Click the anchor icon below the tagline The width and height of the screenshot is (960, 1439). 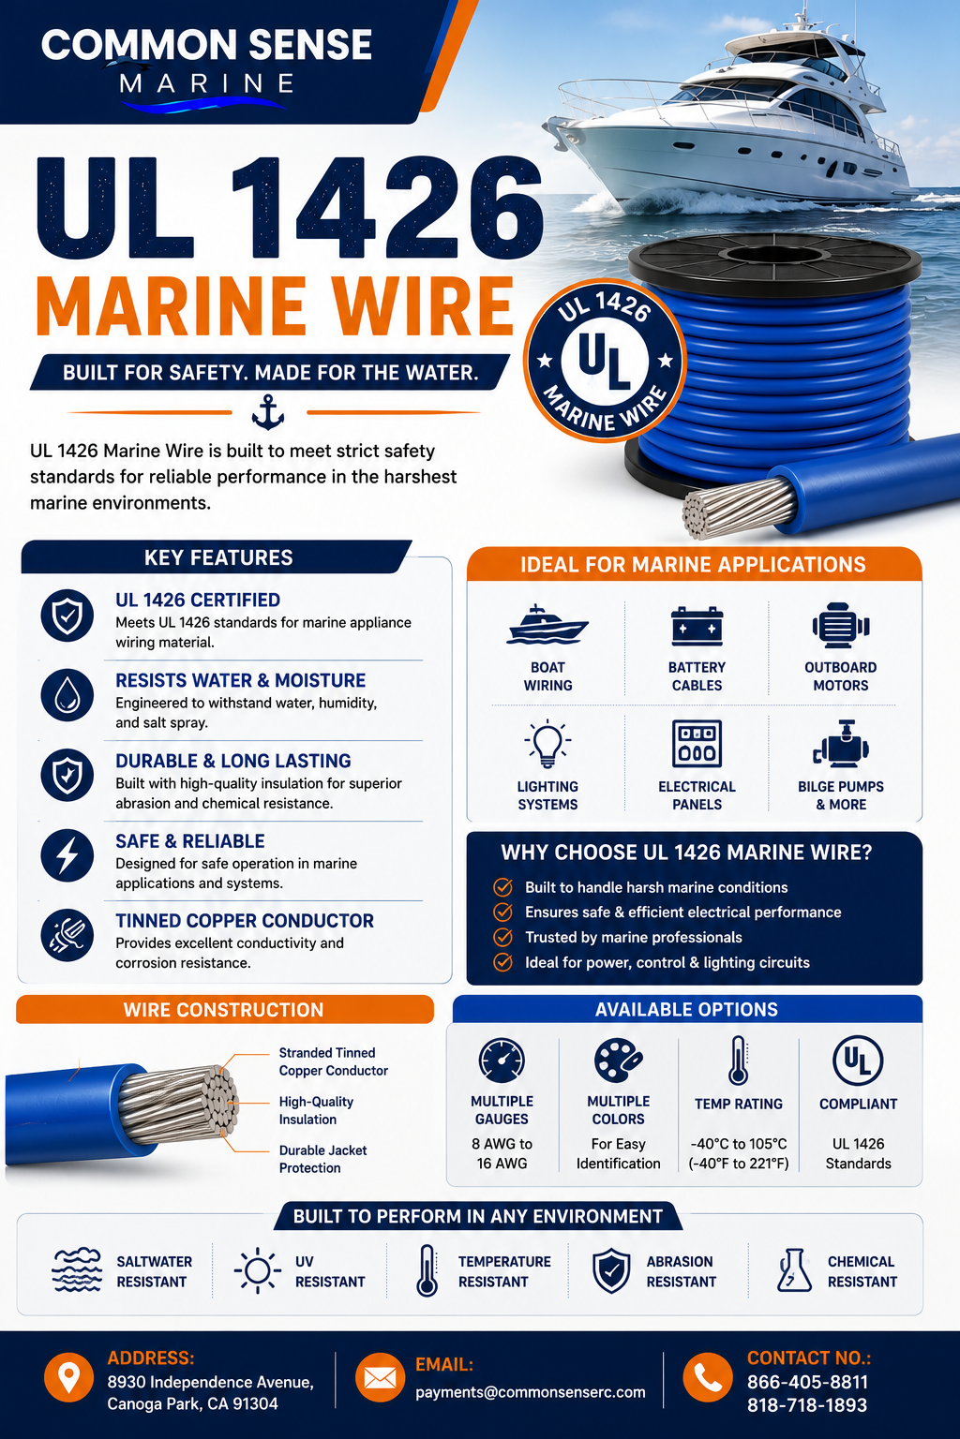[267, 412]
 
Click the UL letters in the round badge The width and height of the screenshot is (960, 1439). [604, 361]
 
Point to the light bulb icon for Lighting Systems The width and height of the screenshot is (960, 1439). [547, 743]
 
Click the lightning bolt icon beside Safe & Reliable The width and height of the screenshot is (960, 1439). [67, 855]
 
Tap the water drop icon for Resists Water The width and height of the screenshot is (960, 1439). [67, 695]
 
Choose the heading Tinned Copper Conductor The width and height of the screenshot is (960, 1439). [245, 921]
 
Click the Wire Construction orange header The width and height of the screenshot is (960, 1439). [224, 1009]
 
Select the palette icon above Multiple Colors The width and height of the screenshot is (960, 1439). [618, 1061]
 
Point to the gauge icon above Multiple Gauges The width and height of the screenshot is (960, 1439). [502, 1060]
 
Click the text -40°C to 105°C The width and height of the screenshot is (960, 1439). [738, 1144]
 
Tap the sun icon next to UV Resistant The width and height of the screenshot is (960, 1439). [257, 1270]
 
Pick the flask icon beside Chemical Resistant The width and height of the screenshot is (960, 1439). [794, 1270]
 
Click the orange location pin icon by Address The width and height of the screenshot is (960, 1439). [68, 1377]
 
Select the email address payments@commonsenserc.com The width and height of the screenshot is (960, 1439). [531, 1392]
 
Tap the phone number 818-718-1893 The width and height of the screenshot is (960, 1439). [807, 1405]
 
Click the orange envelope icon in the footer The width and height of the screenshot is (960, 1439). [380, 1377]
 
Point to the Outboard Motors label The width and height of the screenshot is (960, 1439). [840, 676]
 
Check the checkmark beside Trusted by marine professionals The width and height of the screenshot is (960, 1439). [502, 937]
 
